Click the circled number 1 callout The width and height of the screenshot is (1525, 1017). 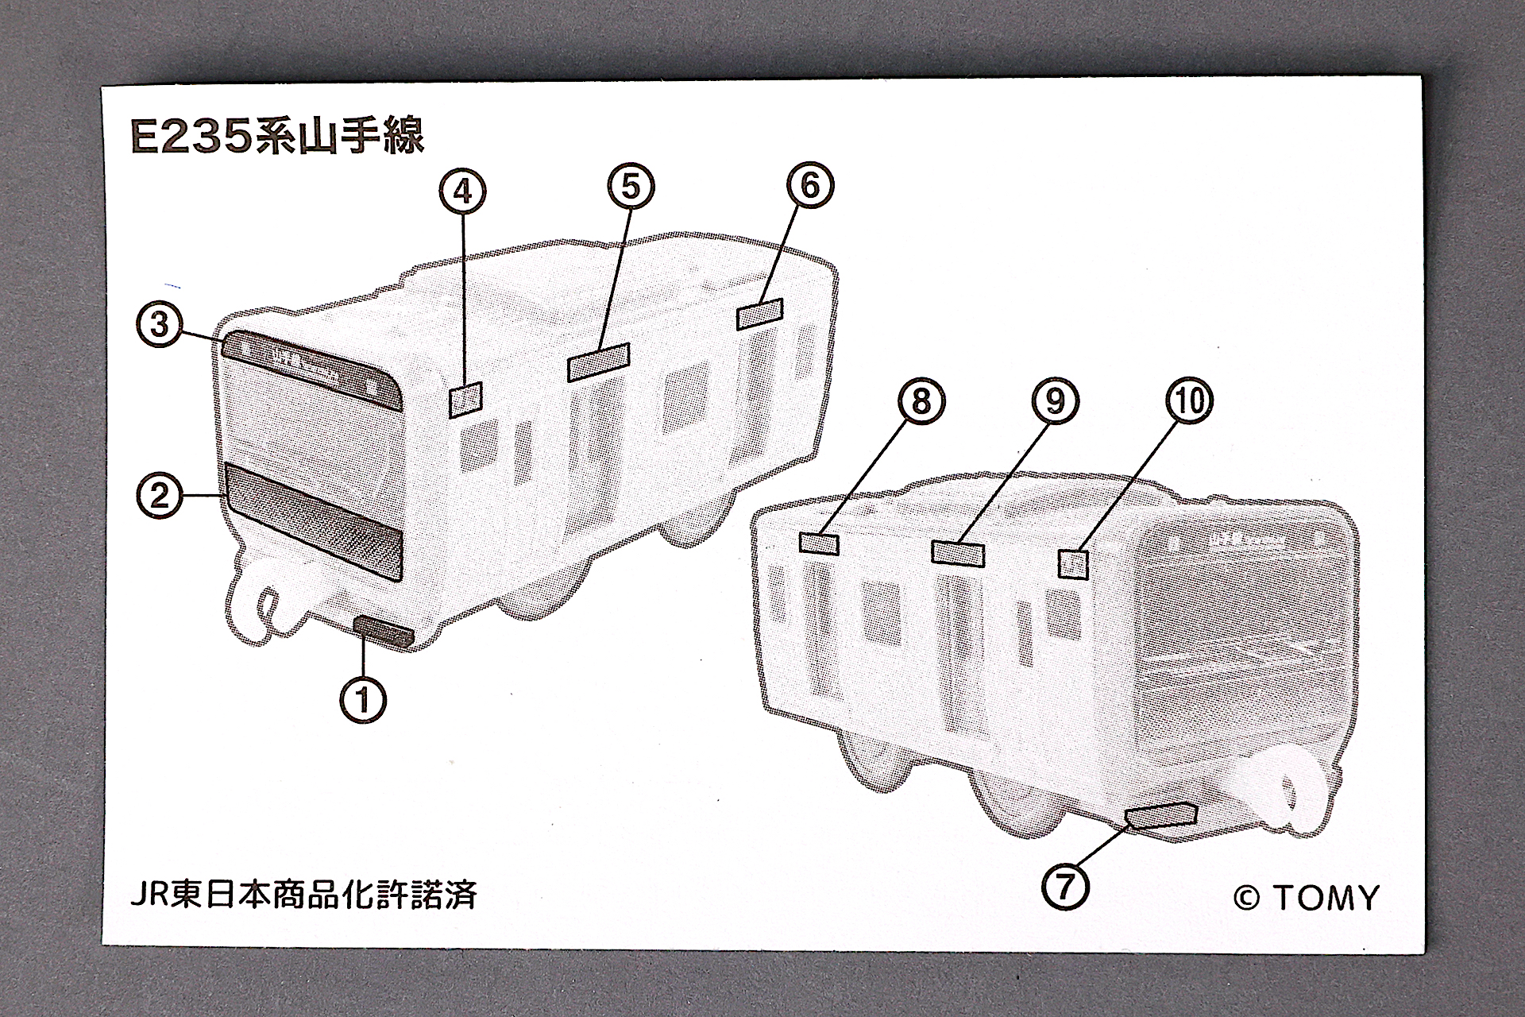pyautogui.click(x=363, y=700)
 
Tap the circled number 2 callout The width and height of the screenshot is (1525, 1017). pyautogui.click(x=160, y=496)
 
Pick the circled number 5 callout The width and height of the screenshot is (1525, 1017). pyautogui.click(x=630, y=186)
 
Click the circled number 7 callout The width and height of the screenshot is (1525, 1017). pyautogui.click(x=1065, y=884)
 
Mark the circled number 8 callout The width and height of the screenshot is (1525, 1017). pyautogui.click(x=921, y=400)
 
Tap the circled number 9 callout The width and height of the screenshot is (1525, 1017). pyautogui.click(x=1055, y=400)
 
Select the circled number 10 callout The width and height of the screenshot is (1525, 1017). pyautogui.click(x=1189, y=400)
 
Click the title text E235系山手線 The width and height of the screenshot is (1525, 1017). pyautogui.click(x=278, y=137)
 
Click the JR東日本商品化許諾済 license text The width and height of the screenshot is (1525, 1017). pyautogui.click(x=303, y=895)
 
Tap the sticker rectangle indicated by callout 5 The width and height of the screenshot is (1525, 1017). pyautogui.click(x=599, y=362)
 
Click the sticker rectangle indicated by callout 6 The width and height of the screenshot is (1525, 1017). pyautogui.click(x=760, y=313)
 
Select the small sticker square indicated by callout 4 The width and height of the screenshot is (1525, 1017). pyautogui.click(x=465, y=400)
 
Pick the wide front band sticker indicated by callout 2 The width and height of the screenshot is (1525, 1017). pyautogui.click(x=315, y=521)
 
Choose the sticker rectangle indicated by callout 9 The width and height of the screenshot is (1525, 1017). pyautogui.click(x=958, y=553)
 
